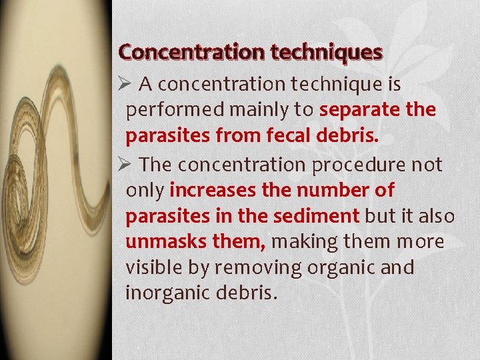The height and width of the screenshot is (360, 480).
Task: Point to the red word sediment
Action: (316, 216)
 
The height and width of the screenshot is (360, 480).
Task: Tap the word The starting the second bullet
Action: (157, 164)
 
